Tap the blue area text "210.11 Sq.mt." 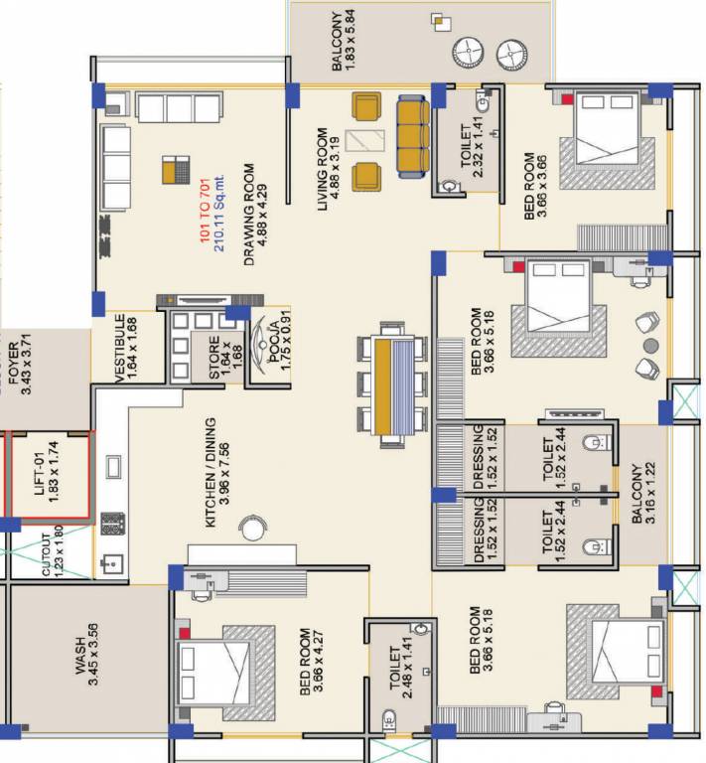coord(218,214)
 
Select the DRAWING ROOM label coord(255,215)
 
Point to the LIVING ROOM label coord(329,169)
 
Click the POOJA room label coord(280,344)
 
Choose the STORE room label coord(225,358)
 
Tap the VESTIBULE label coord(125,348)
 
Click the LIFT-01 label coord(47,474)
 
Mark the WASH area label coord(86,655)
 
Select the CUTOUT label coord(53,553)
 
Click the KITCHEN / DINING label coord(216,472)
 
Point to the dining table coord(393,384)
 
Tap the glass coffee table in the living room coord(364,141)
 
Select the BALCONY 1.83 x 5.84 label coord(344,41)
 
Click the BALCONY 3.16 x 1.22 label coord(643,493)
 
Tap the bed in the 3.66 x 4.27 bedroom coord(213,673)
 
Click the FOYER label coord(20,364)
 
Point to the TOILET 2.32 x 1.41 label coord(471,146)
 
